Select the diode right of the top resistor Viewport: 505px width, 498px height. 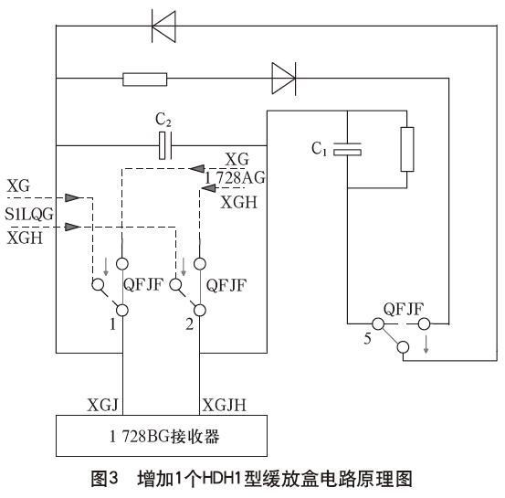point(283,79)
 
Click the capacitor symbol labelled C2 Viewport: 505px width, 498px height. point(165,145)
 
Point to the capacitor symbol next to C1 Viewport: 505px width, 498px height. point(348,148)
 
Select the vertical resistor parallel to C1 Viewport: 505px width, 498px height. point(406,148)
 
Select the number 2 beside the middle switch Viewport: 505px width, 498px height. point(188,323)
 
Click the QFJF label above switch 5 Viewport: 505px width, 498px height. point(403,308)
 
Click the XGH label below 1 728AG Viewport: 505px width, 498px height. point(237,203)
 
